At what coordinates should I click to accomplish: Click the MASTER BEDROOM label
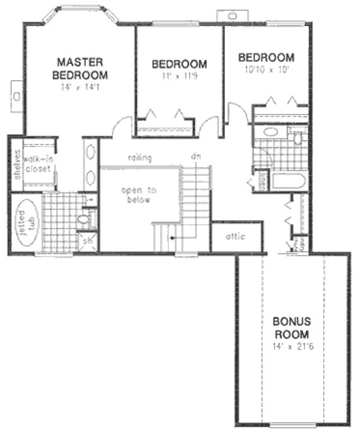point(81,68)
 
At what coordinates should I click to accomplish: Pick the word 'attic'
point(235,236)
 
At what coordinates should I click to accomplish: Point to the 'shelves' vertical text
point(16,165)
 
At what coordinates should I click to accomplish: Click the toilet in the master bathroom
point(84,220)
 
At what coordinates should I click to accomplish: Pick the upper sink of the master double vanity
point(90,154)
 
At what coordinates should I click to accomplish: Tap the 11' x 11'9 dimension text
point(179,76)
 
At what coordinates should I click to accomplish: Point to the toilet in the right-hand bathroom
point(298,138)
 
